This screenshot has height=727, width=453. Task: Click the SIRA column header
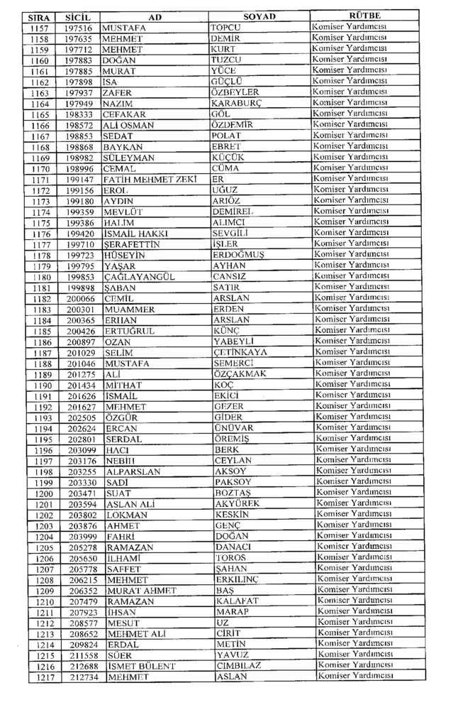pos(38,16)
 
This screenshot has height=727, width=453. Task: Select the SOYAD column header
pos(259,16)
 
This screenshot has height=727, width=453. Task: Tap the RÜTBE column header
pos(365,15)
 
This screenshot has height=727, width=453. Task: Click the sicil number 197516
pos(78,27)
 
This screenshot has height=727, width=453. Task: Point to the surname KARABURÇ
pos(237,103)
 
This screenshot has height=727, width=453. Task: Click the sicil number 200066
pos(80,299)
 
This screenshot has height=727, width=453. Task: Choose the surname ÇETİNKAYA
pos(240,353)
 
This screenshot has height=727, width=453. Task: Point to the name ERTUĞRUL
pos(129,332)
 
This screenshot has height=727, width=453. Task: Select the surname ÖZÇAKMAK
pos(240,375)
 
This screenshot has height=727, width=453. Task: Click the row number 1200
pos(44,493)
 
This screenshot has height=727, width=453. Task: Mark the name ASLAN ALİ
pos(130,505)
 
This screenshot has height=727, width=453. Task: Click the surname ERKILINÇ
pos(237,580)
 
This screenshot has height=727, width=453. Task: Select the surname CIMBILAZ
pos(238,666)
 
